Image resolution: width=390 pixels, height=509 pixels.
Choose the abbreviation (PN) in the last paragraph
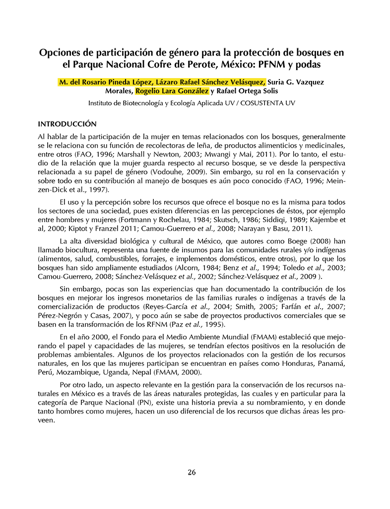click(x=142, y=402)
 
